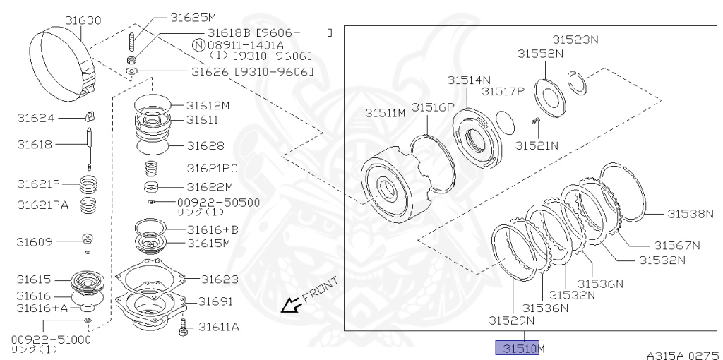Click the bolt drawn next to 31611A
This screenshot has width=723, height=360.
(184, 327)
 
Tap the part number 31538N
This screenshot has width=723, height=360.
(690, 213)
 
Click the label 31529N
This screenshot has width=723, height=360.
(511, 320)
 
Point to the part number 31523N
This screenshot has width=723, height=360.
(575, 40)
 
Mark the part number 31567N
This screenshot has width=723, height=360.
(676, 246)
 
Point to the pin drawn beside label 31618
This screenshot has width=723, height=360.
(90, 146)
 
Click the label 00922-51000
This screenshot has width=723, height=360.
(51, 340)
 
